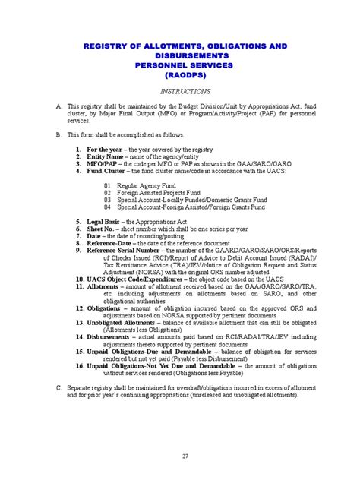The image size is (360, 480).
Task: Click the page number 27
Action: (185, 455)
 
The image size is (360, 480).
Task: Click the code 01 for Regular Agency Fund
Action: (108, 185)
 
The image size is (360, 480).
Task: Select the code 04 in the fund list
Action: (108, 207)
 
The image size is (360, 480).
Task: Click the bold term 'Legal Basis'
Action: (106, 221)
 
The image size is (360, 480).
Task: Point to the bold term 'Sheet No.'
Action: (103, 228)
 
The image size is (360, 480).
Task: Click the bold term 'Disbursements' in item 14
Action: (110, 336)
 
